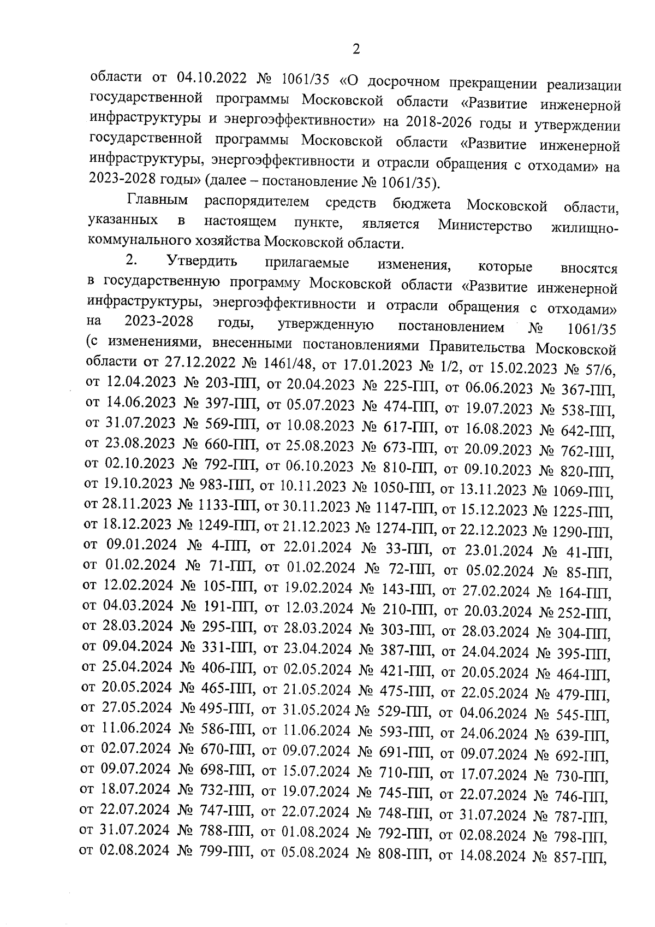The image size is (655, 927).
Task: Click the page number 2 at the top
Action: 356,50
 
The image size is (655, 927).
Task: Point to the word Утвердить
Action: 203,261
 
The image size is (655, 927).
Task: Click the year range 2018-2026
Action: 420,121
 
